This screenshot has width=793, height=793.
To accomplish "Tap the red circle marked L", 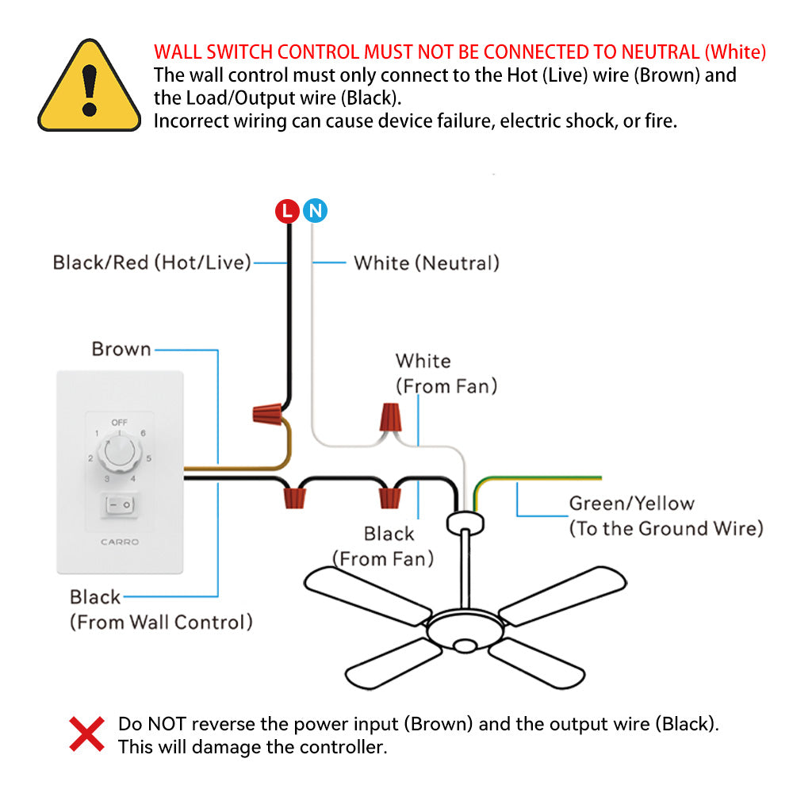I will click(x=287, y=211).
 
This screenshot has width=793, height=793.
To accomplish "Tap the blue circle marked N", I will click(x=315, y=211).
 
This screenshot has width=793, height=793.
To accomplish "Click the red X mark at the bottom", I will click(x=86, y=734).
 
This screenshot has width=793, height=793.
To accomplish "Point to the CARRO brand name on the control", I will click(x=120, y=542).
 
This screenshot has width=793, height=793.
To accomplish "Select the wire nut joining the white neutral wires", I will click(x=390, y=418).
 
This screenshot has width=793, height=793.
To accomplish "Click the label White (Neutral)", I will click(x=427, y=263).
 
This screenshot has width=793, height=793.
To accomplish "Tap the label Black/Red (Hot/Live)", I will click(x=151, y=262).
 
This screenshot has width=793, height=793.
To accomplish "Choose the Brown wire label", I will click(x=121, y=349).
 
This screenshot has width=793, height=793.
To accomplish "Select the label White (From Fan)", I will click(x=446, y=374).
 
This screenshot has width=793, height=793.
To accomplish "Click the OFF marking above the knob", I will click(x=119, y=423).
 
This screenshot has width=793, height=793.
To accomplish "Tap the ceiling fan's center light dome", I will click(x=463, y=644).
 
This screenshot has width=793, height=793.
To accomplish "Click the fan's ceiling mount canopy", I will click(x=462, y=521).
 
